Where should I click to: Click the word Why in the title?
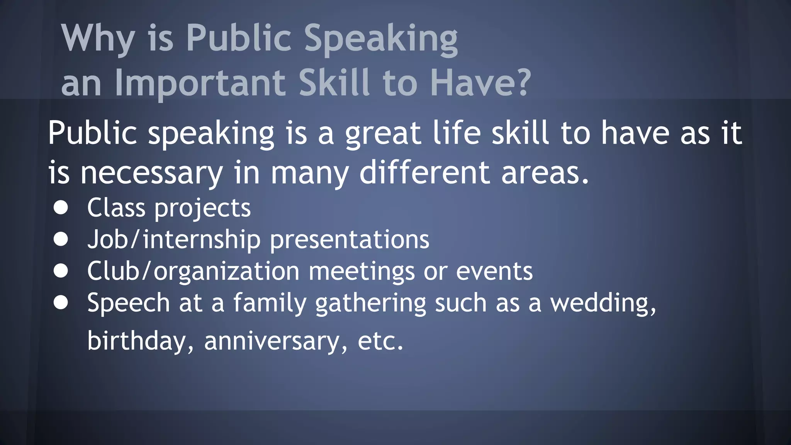98,39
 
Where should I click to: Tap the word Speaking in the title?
381,39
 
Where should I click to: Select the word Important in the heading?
200,83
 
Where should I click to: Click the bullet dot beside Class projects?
61,208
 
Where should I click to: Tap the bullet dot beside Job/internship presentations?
61,239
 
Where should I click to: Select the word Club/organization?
193,271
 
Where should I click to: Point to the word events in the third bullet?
494,271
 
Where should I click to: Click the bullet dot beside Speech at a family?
61,303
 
